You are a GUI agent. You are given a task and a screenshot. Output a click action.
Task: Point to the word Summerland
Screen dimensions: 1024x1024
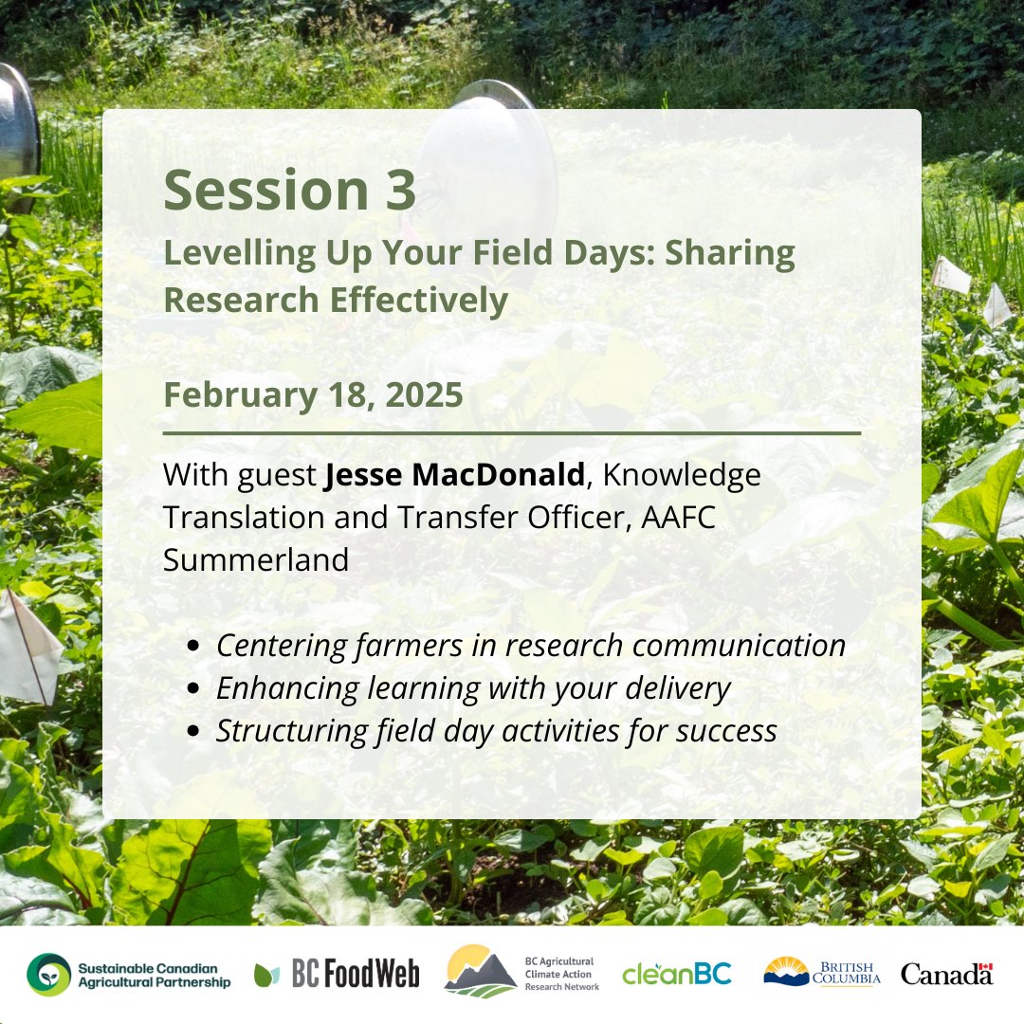(x=256, y=559)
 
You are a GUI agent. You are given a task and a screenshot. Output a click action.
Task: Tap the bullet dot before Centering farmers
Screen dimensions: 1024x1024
(x=194, y=647)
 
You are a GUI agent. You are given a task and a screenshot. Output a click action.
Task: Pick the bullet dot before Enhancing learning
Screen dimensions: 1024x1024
(x=194, y=689)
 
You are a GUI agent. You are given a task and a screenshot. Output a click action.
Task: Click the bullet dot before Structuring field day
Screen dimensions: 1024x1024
(x=194, y=732)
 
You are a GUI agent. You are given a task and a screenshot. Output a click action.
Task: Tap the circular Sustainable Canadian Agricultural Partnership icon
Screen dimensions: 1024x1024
(x=48, y=974)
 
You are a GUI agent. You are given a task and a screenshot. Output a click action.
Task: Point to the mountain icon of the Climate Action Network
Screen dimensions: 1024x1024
(x=481, y=973)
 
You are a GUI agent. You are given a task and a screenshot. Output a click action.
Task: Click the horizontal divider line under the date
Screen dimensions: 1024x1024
(x=512, y=433)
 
